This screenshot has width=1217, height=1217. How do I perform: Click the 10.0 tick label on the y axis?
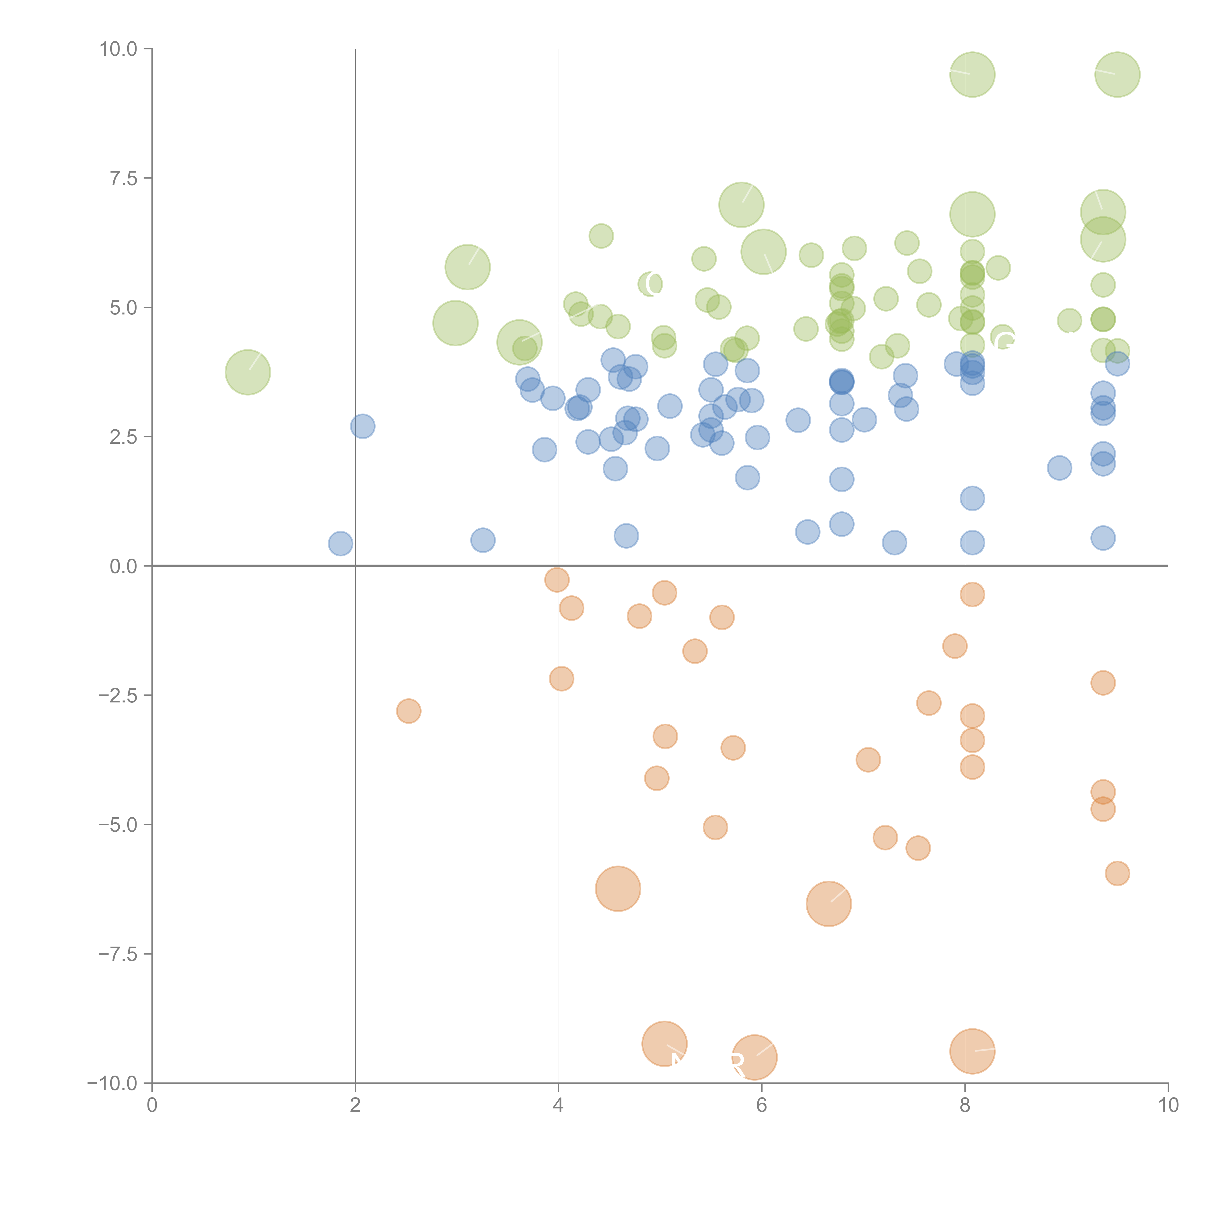[x=119, y=49]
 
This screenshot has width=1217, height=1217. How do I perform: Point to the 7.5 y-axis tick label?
[x=123, y=178]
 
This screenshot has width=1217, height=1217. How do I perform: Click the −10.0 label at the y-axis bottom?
[x=113, y=1083]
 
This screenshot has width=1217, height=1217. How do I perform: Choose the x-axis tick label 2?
[x=355, y=1106]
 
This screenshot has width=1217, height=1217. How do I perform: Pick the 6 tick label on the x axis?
[x=762, y=1106]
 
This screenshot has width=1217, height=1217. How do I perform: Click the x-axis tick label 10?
[x=1168, y=1106]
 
